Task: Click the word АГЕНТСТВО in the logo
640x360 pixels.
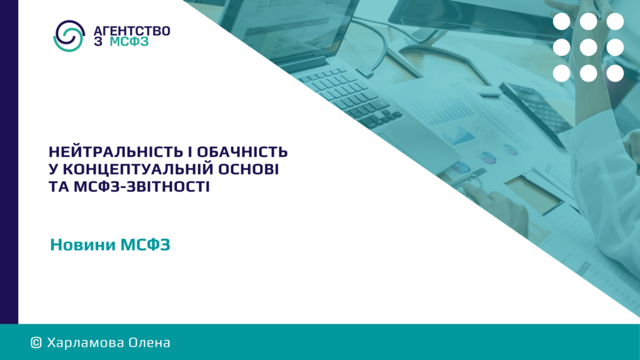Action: click(132, 31)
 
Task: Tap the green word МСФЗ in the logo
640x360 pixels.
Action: click(129, 42)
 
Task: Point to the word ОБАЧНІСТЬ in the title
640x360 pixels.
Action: click(242, 152)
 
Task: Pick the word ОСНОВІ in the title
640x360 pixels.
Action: click(248, 169)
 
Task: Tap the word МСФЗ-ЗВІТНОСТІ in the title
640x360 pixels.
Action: click(142, 187)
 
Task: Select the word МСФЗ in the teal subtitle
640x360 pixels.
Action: click(145, 245)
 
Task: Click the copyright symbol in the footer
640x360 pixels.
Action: click(36, 343)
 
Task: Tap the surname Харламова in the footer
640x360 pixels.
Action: click(86, 343)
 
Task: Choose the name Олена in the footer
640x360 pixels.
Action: click(149, 343)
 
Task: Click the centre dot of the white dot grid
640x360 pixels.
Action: click(588, 47)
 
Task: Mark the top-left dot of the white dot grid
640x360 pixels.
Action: click(562, 22)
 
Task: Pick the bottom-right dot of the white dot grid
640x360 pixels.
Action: click(615, 74)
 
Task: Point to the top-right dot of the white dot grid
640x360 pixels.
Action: click(615, 22)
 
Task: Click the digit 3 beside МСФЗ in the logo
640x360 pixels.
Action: click(98, 42)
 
